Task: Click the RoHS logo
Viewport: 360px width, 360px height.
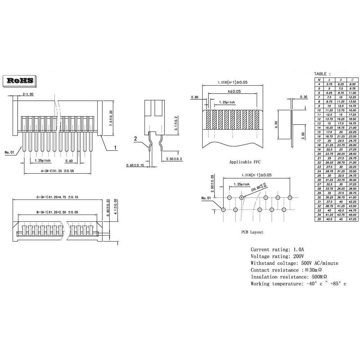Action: pyautogui.click(x=20, y=80)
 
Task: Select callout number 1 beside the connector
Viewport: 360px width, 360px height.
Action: pyautogui.click(x=115, y=148)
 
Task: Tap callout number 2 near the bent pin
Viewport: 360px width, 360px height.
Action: pyautogui.click(x=135, y=139)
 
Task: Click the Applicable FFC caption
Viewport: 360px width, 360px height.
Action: pyautogui.click(x=245, y=162)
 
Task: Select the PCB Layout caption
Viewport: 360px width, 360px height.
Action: pyautogui.click(x=252, y=232)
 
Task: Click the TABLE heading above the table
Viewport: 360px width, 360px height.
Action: pyautogui.click(x=322, y=74)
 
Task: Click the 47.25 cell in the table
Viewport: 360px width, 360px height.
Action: pyautogui.click(x=352, y=219)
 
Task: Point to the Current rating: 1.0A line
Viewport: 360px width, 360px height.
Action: pyautogui.click(x=278, y=249)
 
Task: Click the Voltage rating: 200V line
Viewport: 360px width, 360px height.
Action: pyautogui.click(x=278, y=256)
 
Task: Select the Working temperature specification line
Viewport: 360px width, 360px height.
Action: pyautogui.click(x=298, y=284)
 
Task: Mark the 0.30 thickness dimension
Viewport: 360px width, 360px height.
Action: pyautogui.click(x=303, y=97)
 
